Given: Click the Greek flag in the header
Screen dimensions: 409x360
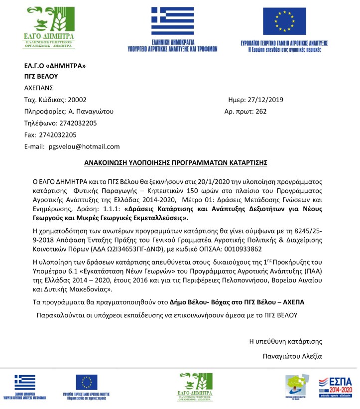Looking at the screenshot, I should pos(173,20).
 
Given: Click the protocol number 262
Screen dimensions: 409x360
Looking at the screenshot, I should pos(261,111).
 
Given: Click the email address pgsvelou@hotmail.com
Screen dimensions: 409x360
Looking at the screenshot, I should pos(84,146).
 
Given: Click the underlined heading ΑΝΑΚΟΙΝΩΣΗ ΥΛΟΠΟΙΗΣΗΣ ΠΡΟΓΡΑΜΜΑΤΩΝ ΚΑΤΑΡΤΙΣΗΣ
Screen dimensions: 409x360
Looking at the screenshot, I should pos(176,162).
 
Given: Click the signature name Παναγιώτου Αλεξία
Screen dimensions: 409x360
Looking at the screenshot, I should pos(292,356).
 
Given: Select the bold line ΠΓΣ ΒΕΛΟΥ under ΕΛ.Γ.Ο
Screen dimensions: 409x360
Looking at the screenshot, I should pos(41,76).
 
